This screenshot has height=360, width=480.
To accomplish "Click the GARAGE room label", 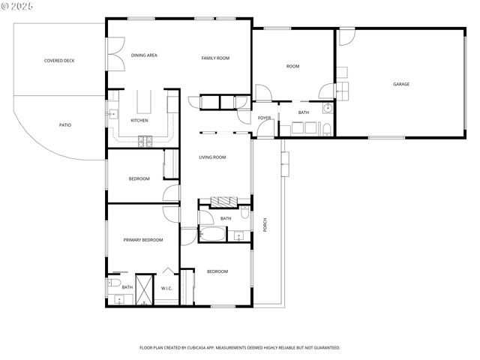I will coord(401,84).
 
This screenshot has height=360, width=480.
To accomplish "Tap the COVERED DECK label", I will coord(59,61).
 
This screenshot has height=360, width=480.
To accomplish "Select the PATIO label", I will coord(65,124).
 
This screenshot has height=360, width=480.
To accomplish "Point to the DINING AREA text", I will coord(144,55).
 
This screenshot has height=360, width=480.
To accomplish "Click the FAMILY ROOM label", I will coord(215,58).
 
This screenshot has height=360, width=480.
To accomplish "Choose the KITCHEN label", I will coord(139,120).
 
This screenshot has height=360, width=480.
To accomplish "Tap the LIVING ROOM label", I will coord(212,157).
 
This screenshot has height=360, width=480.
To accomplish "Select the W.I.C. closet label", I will coord(166,287).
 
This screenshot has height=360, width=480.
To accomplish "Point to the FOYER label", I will coord(265,118).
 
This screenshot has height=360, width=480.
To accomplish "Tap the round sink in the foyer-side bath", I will coord(328,109).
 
